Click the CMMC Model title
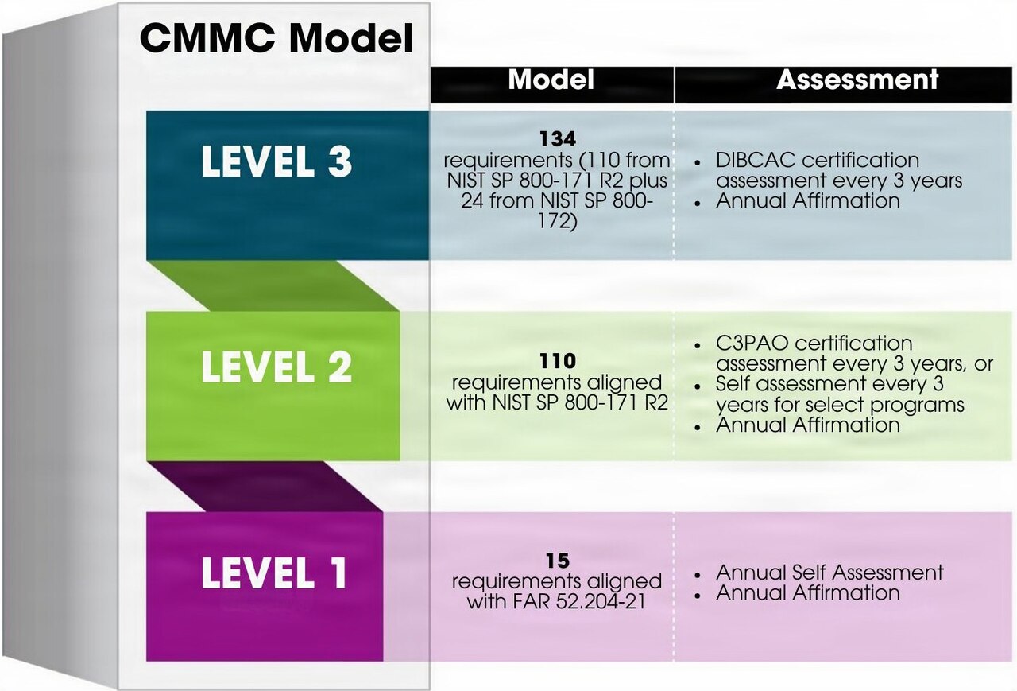click(276, 38)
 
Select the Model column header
click(551, 80)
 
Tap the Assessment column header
click(857, 80)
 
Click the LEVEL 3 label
click(276, 161)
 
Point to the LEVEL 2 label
click(276, 367)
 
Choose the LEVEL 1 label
click(274, 573)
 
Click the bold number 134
click(558, 139)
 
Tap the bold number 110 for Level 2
click(558, 362)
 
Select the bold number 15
click(558, 561)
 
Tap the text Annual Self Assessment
click(829, 573)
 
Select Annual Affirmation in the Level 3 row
click(808, 201)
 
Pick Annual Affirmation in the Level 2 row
click(808, 425)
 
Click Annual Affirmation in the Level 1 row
click(808, 593)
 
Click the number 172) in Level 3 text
click(558, 222)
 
